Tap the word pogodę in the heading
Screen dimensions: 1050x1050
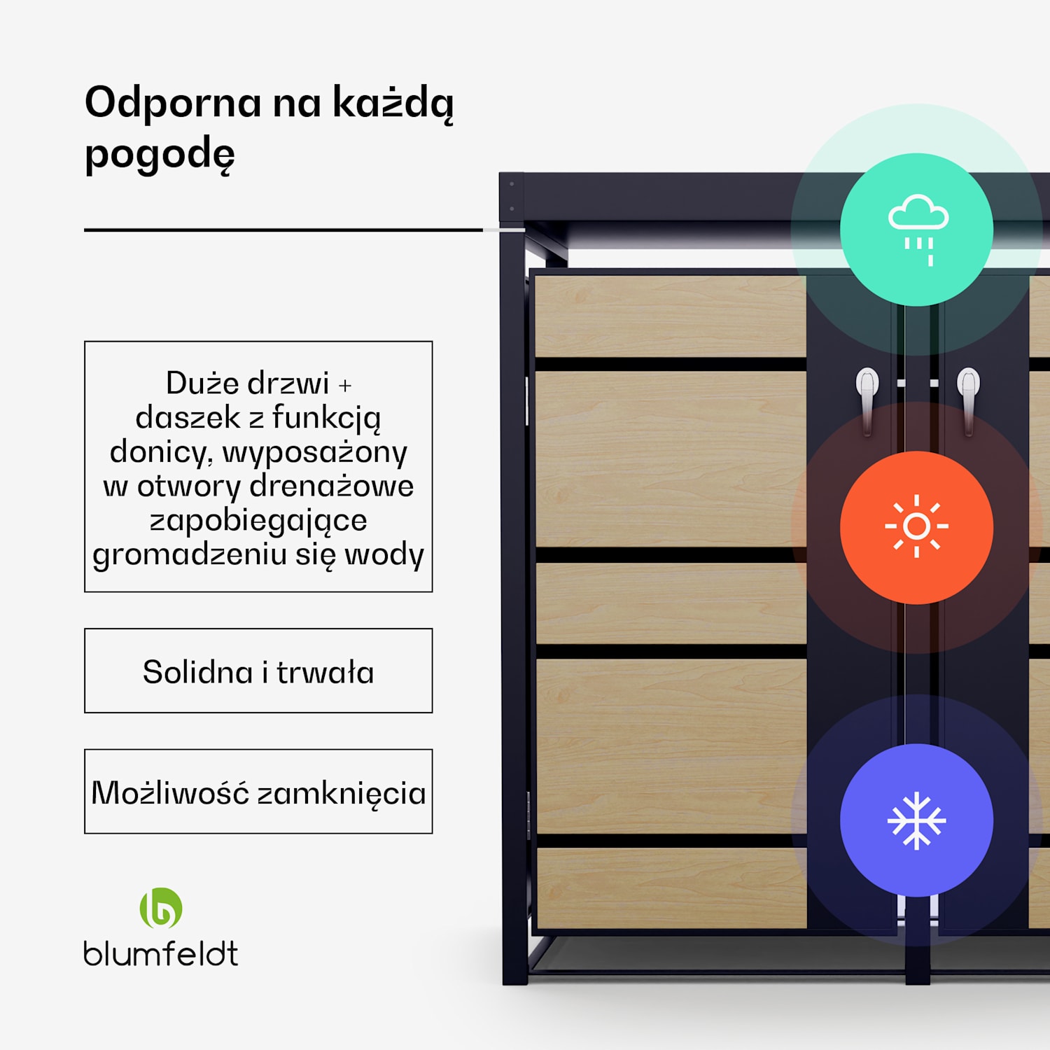[160, 154]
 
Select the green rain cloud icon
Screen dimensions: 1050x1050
[917, 230]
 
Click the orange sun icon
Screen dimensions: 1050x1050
[916, 527]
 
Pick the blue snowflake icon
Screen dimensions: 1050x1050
[916, 820]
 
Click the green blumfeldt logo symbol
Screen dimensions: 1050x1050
[161, 908]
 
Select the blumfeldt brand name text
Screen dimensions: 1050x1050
[161, 953]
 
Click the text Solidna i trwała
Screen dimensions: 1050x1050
[258, 672]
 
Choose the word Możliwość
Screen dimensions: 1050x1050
[170, 793]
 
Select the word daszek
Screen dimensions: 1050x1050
[188, 417]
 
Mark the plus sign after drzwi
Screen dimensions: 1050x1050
[345, 385]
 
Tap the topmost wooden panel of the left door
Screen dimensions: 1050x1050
[670, 316]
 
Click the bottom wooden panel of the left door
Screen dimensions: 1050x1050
[671, 888]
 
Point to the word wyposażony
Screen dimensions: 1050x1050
[314, 453]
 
